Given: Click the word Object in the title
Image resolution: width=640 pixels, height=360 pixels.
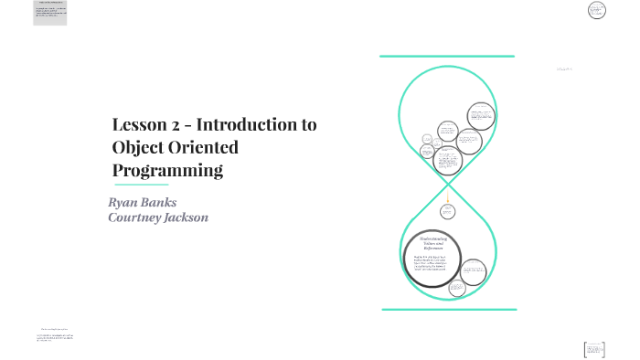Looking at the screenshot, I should (x=138, y=148).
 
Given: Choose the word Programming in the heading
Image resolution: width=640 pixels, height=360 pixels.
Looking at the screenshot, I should (x=167, y=171).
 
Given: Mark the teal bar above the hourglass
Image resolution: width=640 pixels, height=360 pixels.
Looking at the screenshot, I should (x=447, y=57).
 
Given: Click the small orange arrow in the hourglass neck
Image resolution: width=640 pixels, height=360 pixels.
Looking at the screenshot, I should (x=447, y=196).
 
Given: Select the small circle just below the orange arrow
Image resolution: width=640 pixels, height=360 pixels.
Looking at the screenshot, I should (x=447, y=211).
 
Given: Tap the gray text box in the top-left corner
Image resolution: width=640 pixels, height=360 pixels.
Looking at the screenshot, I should (x=50, y=13).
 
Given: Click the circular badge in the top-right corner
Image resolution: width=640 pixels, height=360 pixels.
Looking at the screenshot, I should (x=597, y=10).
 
